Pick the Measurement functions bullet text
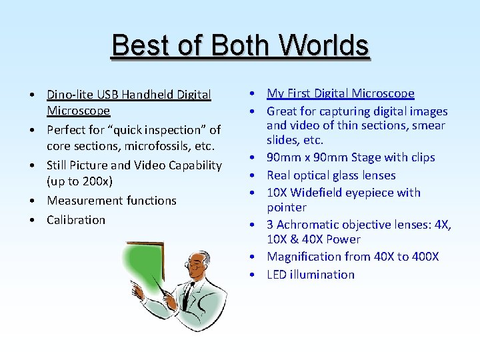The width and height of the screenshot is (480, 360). tap(111, 200)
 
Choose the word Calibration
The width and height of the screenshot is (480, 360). tap(76, 219)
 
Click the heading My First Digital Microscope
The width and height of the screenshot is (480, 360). tap(341, 93)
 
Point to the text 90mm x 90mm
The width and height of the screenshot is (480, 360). tap(303, 157)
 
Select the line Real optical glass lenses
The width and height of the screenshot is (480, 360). tap(331, 175)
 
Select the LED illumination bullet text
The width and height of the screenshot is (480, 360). tap(311, 274)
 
